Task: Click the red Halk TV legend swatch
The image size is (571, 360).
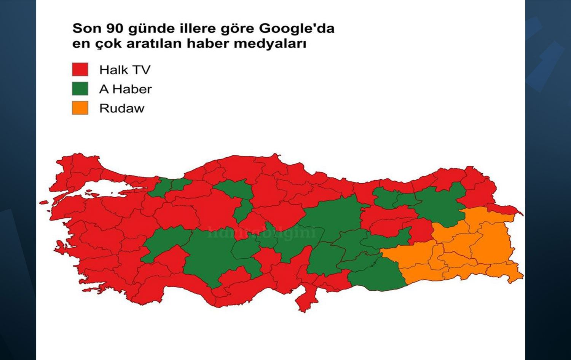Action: coord(80,70)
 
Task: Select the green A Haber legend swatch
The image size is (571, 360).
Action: coord(80,89)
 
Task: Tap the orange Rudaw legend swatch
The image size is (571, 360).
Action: coord(80,108)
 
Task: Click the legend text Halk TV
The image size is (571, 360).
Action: coord(125,70)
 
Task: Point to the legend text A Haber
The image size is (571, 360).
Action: coord(125,89)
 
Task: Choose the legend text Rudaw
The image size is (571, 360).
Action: coord(122,108)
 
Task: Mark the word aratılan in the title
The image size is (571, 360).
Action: coord(154,43)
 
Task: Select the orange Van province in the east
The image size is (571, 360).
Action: coord(491,244)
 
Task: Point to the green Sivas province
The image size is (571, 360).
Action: coord(335,217)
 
